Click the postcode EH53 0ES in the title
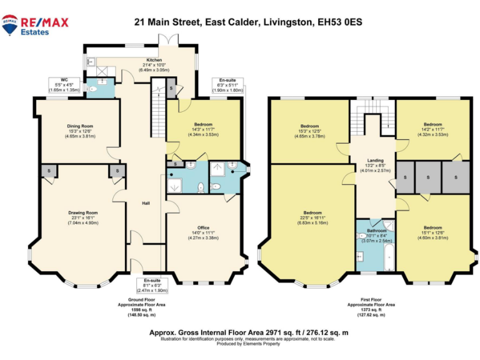click(339, 22)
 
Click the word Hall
click(146, 203)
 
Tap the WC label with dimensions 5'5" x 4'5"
click(64, 84)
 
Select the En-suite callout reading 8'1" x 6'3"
click(152, 286)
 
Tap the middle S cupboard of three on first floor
click(428, 177)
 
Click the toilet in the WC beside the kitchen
click(94, 89)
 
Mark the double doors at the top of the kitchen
click(168, 39)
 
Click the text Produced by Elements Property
click(247, 344)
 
